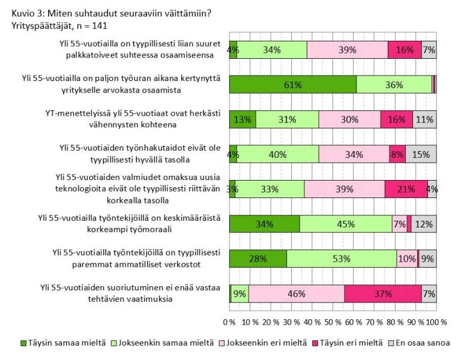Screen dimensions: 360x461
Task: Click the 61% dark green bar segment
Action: (x=292, y=85)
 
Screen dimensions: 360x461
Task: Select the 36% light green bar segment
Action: (x=394, y=85)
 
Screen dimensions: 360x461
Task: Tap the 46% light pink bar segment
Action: (x=297, y=294)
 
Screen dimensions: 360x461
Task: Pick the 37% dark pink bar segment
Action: (x=382, y=294)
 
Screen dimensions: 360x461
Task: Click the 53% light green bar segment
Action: (x=342, y=259)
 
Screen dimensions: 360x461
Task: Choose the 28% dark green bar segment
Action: (x=258, y=259)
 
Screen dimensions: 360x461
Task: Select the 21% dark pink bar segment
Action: (x=406, y=189)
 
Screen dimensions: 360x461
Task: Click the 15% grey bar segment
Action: (x=421, y=154)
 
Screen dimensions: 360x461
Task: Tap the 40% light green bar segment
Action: (x=278, y=154)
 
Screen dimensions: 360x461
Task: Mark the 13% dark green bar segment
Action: (x=243, y=119)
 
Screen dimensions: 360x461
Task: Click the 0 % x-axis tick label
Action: (x=229, y=322)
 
